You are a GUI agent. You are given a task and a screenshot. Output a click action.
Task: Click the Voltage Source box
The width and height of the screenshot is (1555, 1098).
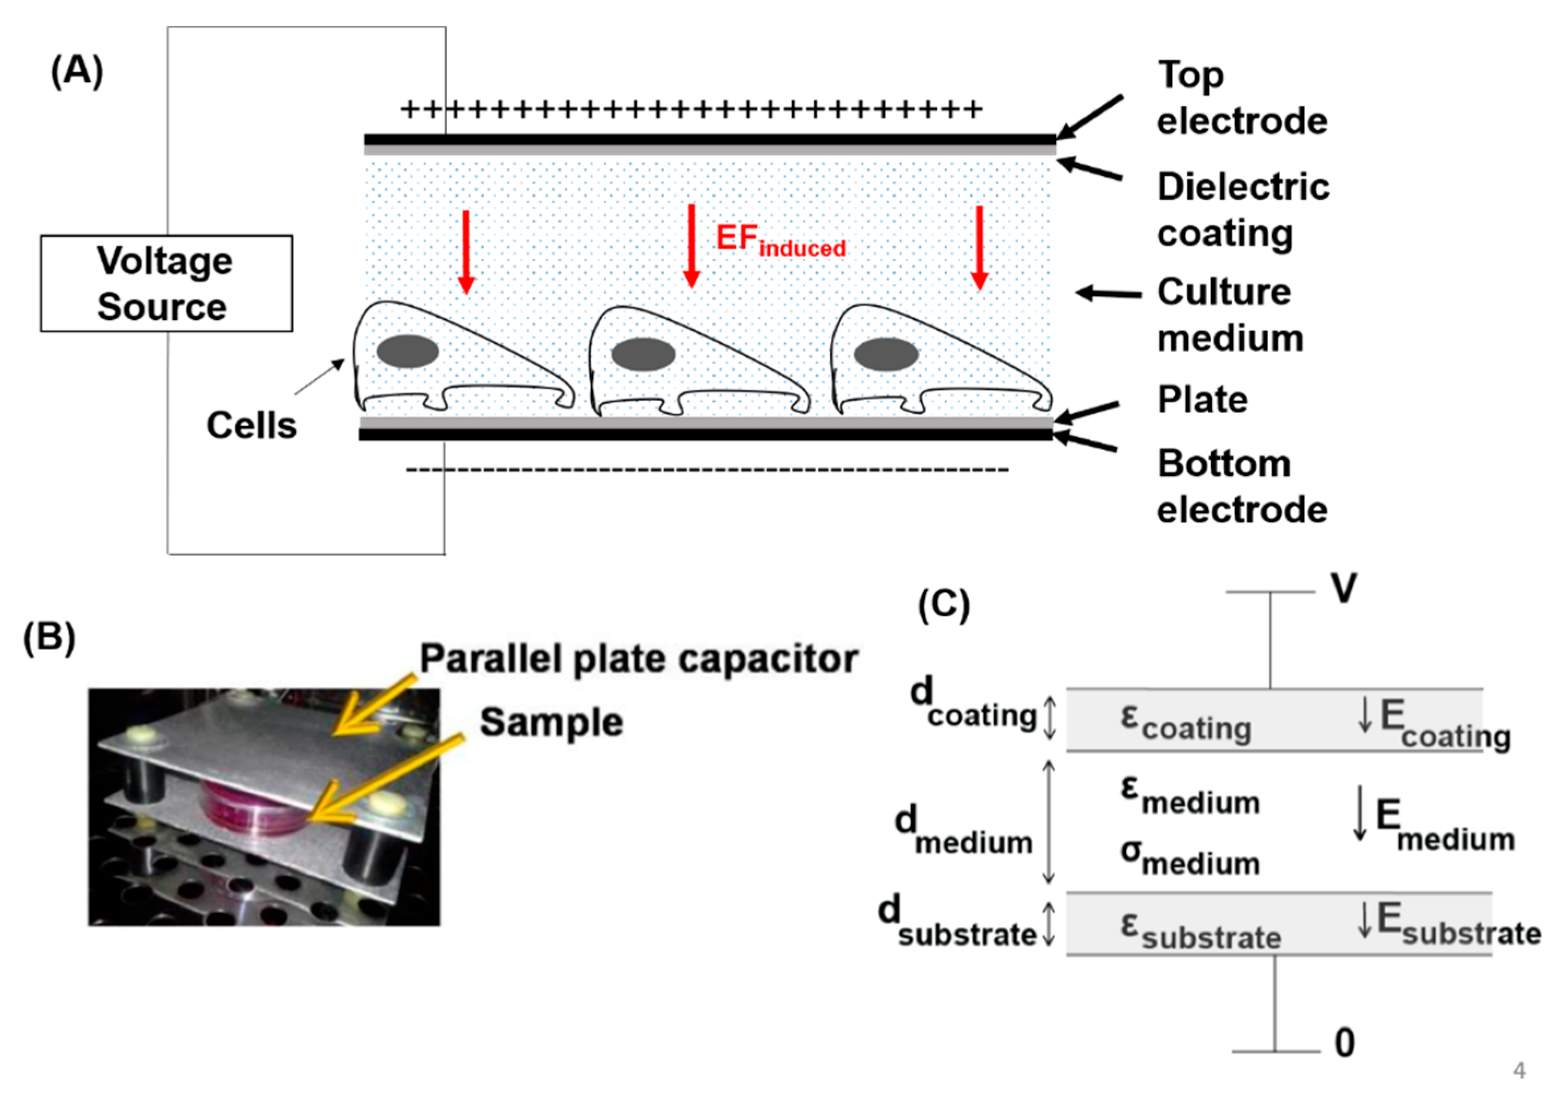coord(166,283)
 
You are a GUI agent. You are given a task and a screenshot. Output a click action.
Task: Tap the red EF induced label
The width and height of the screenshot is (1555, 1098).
coord(780,241)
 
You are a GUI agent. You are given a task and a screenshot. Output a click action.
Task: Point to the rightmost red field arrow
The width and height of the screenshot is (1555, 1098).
coord(979,248)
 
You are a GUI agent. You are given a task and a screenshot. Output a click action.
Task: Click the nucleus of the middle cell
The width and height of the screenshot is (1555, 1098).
coord(643,354)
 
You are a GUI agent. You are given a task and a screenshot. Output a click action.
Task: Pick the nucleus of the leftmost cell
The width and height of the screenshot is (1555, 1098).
coord(407,351)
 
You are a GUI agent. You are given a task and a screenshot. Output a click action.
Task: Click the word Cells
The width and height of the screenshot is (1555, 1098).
coord(251,425)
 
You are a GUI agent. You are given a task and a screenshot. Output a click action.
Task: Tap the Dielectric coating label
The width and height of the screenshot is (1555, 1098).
coord(1242,210)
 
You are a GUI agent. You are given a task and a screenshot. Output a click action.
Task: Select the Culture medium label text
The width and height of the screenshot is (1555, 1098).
coord(1229,315)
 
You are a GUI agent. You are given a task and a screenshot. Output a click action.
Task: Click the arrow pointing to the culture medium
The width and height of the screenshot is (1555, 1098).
coord(1108,293)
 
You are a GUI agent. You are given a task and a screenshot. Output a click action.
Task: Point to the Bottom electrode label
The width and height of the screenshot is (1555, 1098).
coord(1241,486)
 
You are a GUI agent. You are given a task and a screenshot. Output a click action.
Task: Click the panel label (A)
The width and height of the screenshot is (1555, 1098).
coord(76,71)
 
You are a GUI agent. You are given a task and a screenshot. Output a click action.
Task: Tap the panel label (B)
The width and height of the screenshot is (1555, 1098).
coord(49,637)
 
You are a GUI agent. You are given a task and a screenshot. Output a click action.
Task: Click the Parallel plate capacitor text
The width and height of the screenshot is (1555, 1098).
coord(639,658)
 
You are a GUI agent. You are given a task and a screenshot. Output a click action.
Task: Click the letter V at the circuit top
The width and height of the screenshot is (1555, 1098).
coord(1344,588)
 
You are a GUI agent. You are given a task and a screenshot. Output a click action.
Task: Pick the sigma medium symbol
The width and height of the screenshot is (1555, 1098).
coord(1189,857)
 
